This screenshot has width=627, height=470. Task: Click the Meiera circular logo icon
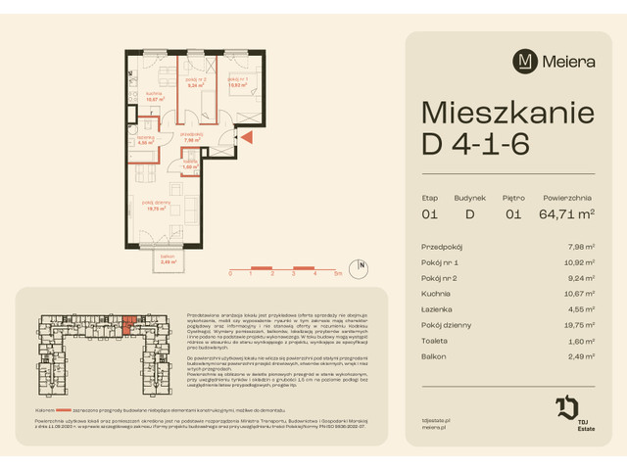pyautogui.click(x=526, y=61)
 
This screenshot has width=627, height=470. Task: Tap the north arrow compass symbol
pyautogui.click(x=362, y=264)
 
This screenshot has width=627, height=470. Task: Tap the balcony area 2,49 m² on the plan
pyautogui.click(x=168, y=261)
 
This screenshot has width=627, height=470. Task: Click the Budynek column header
pyautogui.click(x=469, y=197)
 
